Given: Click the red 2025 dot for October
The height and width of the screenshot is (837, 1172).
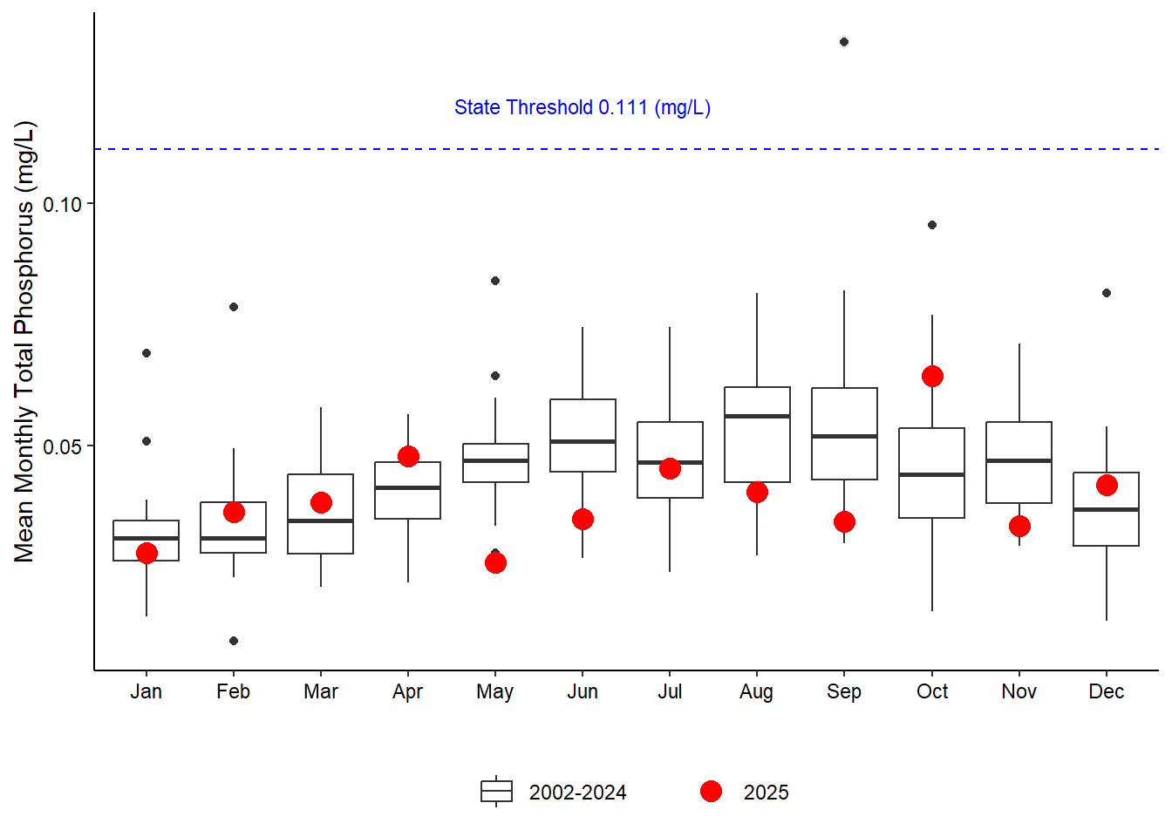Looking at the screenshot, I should (932, 377).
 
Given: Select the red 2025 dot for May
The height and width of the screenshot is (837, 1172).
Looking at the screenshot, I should (495, 562).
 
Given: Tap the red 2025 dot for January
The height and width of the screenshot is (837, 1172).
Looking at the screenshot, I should (146, 553).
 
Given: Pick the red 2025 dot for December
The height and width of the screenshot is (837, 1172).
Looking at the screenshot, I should (1107, 486).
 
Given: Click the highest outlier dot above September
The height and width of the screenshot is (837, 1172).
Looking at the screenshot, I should (844, 42).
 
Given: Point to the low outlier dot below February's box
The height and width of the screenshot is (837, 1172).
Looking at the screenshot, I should (234, 641).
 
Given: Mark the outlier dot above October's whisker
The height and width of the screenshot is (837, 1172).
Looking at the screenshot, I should (932, 225).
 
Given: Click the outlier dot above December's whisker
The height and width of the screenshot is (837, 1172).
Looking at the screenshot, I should (1107, 293).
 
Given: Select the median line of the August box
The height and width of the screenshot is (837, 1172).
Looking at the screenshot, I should (757, 416).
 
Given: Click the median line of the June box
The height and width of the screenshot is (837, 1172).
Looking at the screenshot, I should (583, 442).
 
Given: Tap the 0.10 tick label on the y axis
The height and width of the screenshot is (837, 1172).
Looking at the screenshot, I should (62, 204).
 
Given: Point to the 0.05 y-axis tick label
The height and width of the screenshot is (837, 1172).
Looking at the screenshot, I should (62, 446).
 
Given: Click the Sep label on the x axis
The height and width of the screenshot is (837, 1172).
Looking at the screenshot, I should (844, 691).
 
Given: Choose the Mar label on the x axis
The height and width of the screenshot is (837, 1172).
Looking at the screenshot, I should (321, 691).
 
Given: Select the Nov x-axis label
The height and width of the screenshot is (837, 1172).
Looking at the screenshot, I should (1019, 691).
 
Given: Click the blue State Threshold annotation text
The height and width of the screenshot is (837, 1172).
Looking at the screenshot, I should (583, 107).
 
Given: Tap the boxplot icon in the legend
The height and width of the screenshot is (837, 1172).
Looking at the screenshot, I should (496, 791).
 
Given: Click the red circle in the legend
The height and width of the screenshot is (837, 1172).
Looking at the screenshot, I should (711, 791).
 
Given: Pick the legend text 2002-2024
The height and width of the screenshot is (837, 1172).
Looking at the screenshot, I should (577, 793).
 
